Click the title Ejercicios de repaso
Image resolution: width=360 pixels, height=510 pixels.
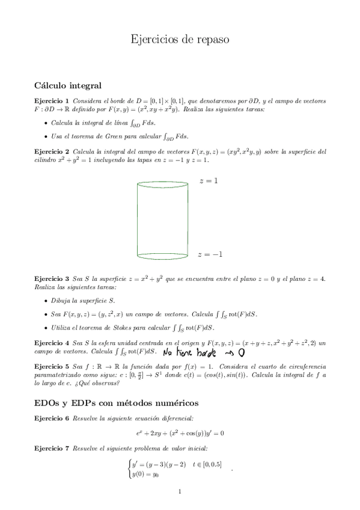coord(180,40)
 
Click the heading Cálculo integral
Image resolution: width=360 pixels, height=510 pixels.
coord(68,85)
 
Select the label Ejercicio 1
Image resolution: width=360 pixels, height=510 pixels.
coord(52,100)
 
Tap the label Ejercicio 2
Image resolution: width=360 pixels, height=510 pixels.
coord(52,152)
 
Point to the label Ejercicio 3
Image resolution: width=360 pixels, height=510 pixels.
coord(52,280)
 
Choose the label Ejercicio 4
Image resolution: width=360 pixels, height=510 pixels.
coord(52,342)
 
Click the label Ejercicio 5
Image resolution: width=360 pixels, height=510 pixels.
coord(52,366)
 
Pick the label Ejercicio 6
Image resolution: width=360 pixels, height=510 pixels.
coord(52,418)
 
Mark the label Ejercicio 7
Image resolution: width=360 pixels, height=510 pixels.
coord(52,449)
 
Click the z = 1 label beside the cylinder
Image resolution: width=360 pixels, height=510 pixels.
coord(208,181)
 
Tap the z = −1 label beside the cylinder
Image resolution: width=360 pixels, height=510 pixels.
coord(210,254)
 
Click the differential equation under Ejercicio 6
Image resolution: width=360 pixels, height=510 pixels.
coord(180,433)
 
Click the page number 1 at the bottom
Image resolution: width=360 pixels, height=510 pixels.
coord(180,492)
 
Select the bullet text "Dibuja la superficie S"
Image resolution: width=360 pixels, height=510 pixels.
coord(83,300)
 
